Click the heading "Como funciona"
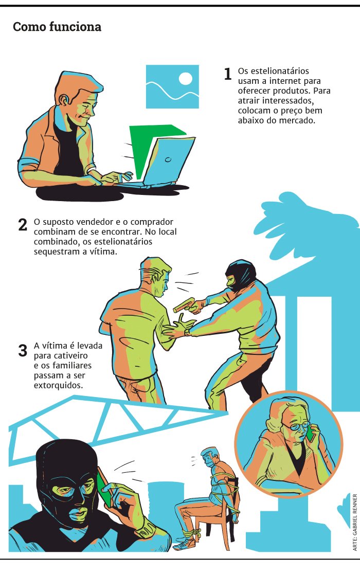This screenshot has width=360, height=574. (57, 27)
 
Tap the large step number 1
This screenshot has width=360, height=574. (227, 74)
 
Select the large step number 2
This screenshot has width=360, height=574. (22, 224)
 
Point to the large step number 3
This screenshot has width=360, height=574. (23, 350)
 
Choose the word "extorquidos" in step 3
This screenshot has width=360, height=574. (58, 385)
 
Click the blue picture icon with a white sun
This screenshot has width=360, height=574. (172, 86)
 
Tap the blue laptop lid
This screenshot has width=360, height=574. (169, 160)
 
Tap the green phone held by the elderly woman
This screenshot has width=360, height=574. (310, 433)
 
